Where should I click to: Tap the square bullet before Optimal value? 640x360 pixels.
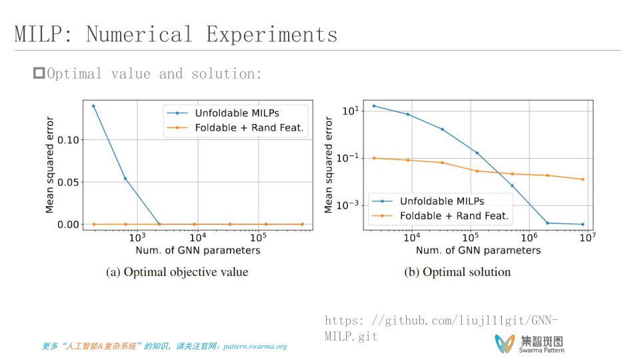39,73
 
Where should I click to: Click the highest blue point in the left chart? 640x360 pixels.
93,105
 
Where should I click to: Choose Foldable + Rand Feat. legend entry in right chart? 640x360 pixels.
453,215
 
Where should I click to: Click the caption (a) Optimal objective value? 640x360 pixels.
177,272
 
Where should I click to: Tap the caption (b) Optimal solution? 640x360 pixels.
457,272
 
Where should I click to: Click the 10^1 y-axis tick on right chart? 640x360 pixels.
351,111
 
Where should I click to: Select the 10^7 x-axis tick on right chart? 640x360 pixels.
587,237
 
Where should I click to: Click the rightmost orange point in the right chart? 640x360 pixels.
583,179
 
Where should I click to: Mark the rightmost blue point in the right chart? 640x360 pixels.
583,224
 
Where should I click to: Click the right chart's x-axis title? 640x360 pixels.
478,251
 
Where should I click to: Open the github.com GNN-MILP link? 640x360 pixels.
441,328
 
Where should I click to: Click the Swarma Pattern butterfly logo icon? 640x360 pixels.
505,343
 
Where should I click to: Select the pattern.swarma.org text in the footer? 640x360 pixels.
255,347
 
